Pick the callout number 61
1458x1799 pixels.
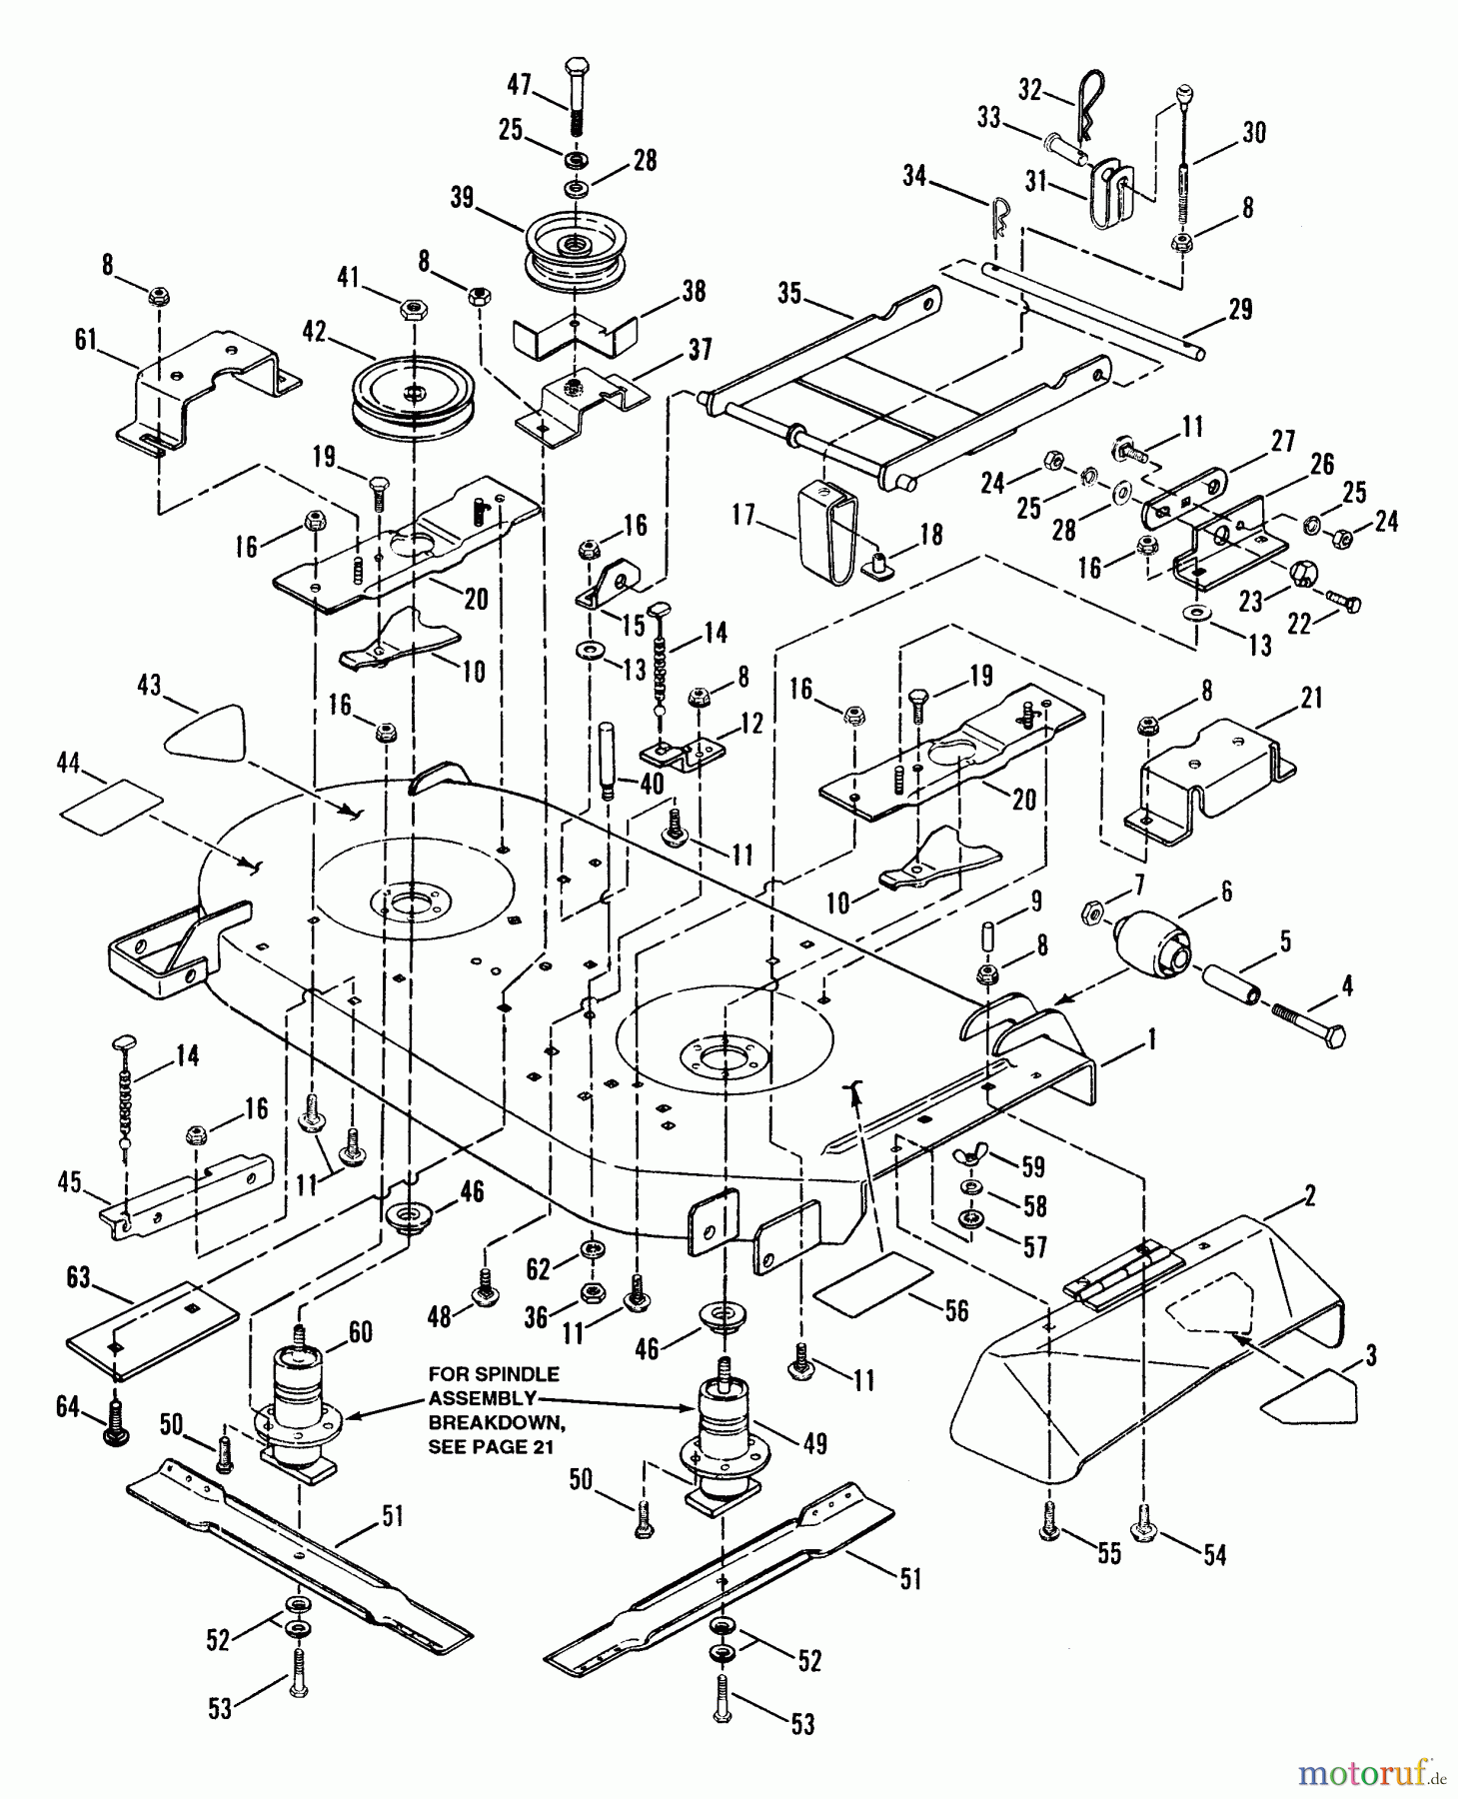click(x=86, y=340)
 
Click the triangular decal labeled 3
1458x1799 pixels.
click(x=1309, y=1396)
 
